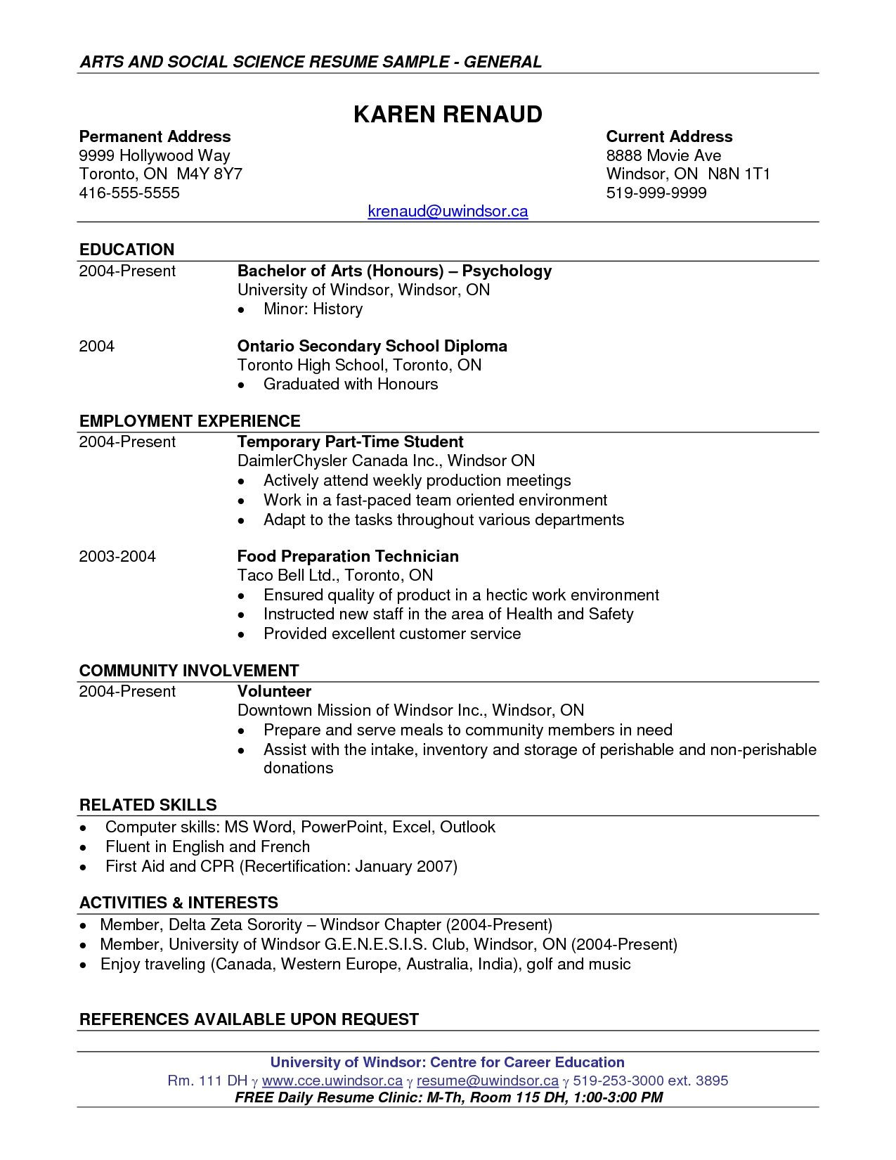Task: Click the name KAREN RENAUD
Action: [448, 114]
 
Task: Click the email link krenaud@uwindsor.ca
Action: [448, 211]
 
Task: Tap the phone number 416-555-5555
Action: [129, 193]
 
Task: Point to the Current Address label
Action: [669, 136]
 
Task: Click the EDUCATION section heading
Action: [126, 250]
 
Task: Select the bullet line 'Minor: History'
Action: [313, 309]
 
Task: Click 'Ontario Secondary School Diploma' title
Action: [372, 346]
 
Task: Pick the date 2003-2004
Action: [117, 556]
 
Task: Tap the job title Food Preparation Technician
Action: [348, 556]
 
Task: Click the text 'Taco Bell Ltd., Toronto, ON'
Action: [335, 575]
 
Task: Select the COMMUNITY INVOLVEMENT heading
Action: [189, 670]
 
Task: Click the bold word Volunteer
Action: [274, 691]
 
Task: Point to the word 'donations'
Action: [298, 768]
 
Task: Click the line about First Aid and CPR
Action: [281, 866]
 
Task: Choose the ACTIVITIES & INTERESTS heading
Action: [178, 902]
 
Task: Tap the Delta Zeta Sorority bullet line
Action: [326, 924]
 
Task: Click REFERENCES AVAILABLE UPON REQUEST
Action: [249, 1019]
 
